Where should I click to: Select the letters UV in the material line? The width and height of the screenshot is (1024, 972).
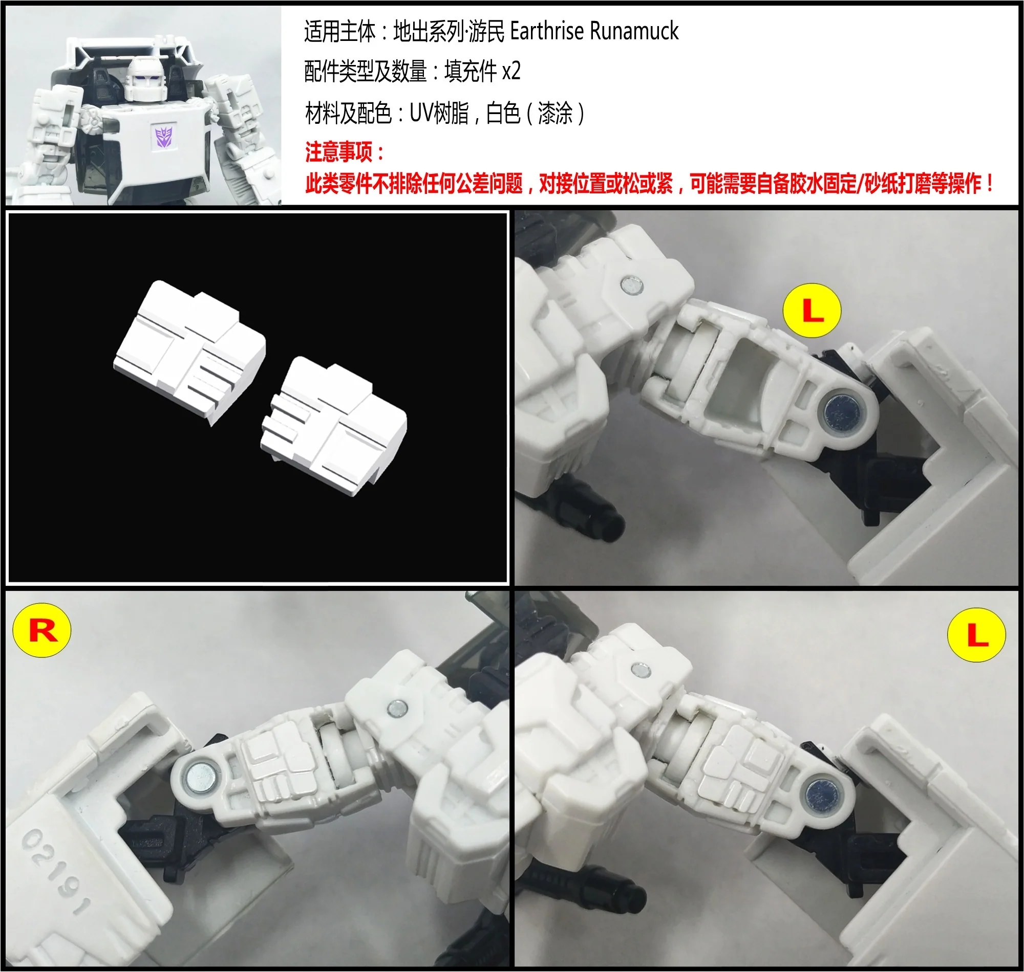click(x=420, y=113)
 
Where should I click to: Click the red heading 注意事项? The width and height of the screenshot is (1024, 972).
click(x=338, y=152)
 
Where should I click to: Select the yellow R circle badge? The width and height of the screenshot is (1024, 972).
click(x=41, y=631)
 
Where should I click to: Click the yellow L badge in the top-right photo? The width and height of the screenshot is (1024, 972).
click(x=812, y=311)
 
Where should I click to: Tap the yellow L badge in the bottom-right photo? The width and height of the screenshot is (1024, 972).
click(x=976, y=635)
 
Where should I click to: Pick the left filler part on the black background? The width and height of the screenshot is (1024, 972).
click(x=189, y=351)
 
